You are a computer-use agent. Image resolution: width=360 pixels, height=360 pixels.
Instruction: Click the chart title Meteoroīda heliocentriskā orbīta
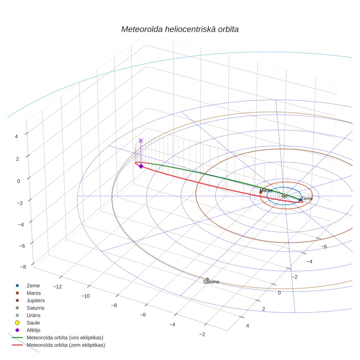[x=180, y=30]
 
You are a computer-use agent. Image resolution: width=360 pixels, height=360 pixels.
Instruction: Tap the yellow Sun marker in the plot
[x=284, y=196]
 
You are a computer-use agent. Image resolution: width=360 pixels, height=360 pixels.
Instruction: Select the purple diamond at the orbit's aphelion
[x=141, y=166]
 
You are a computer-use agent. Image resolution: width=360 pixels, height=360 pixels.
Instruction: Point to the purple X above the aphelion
[x=141, y=140]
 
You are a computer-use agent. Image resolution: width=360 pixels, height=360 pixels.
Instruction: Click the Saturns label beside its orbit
[x=211, y=282]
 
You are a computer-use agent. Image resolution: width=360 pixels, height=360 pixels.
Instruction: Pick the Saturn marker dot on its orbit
[x=207, y=279]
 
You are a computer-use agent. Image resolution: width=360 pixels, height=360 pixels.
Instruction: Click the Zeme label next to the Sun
[x=307, y=199]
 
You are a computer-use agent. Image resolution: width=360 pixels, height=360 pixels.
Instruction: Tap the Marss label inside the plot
[x=266, y=190]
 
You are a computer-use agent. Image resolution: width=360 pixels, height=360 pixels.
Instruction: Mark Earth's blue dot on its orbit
[x=300, y=200]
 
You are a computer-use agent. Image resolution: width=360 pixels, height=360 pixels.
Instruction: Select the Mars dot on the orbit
[x=261, y=192]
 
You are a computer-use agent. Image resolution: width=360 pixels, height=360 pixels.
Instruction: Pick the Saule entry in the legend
[x=28, y=323]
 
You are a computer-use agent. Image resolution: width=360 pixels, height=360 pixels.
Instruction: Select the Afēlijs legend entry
[x=28, y=330]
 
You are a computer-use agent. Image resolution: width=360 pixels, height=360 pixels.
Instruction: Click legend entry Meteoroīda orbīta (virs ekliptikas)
[x=58, y=338]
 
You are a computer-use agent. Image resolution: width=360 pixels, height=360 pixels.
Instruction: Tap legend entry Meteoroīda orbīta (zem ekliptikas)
[x=59, y=345]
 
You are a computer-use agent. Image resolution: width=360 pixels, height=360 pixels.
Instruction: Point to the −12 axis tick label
[x=58, y=287]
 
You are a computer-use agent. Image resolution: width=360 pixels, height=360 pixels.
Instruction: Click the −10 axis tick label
[x=86, y=296]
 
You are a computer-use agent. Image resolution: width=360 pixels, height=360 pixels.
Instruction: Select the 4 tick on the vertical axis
[x=16, y=137]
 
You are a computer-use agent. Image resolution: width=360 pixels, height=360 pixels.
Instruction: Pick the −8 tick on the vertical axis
[x=23, y=267]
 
